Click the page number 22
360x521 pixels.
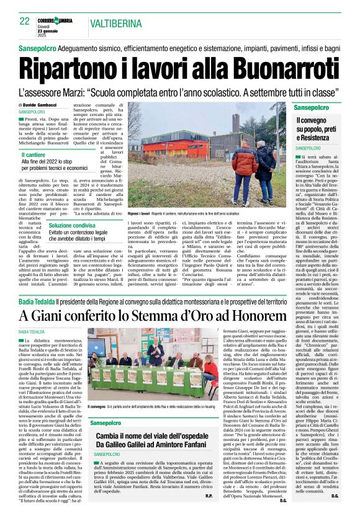pos(25,20)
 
